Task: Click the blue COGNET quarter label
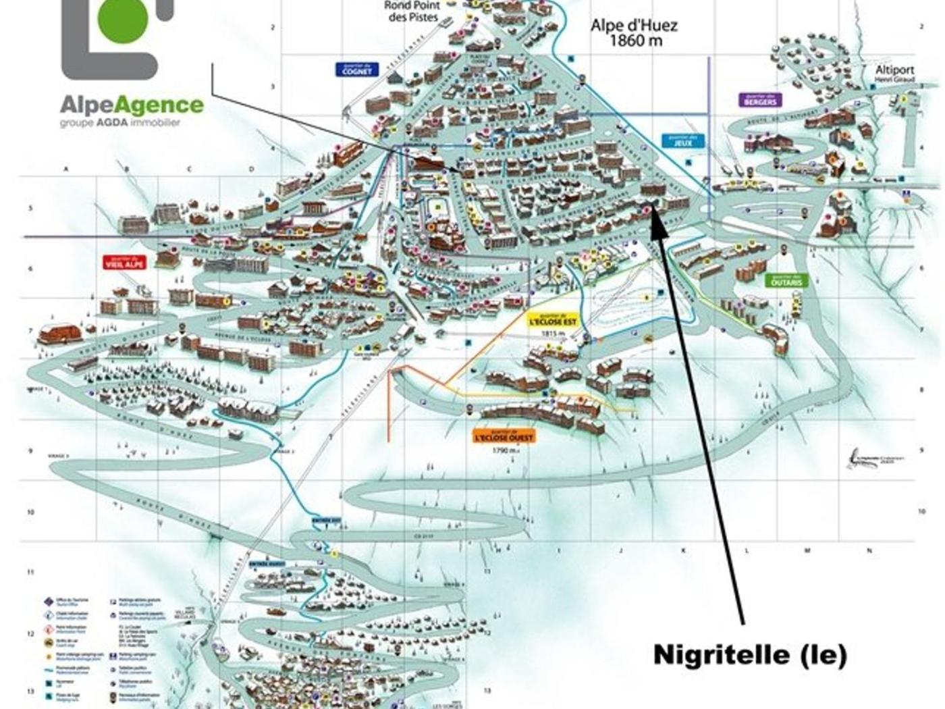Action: point(356,69)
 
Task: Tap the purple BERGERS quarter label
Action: point(761,100)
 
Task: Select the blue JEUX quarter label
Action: point(682,140)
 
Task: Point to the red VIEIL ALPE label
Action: point(124,261)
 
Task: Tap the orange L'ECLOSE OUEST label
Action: point(504,436)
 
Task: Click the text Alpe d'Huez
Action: point(634,26)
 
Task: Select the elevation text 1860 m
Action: point(636,41)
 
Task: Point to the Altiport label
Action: point(894,70)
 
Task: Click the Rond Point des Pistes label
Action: point(412,11)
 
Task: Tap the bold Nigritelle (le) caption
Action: point(750,654)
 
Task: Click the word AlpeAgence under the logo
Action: point(132,105)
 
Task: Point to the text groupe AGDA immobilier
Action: point(120,123)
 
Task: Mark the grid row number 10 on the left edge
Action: point(30,513)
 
